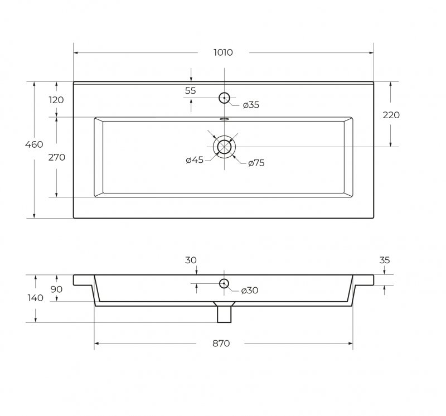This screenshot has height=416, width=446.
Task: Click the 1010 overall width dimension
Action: point(223,52)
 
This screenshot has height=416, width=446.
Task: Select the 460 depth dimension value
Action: point(34,144)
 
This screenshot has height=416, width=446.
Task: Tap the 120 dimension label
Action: point(56,100)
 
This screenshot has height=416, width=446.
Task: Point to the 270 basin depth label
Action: point(57,157)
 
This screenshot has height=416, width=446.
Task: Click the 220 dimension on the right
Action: point(391,115)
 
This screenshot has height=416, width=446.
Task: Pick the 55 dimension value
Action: point(190,90)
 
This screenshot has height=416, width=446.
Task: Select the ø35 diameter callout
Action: point(251,105)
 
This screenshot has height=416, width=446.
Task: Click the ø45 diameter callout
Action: point(195,160)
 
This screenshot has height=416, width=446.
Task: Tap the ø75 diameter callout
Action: point(256,163)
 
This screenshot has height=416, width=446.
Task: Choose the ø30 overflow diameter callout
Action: point(249,291)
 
